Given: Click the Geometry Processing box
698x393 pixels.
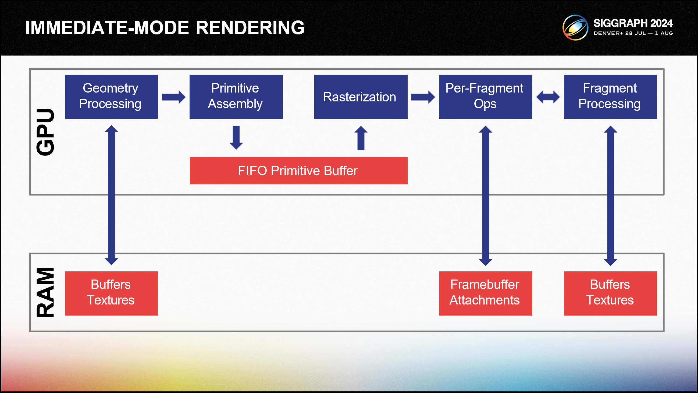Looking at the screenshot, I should click(x=111, y=97).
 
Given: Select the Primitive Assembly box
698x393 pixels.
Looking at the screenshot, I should click(x=236, y=97).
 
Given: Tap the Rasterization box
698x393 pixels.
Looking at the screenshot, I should click(x=361, y=97).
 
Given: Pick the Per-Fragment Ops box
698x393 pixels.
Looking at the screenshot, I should click(x=486, y=97).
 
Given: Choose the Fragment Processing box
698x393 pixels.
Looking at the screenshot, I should click(x=610, y=97).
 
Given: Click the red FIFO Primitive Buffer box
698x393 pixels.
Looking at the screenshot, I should click(x=298, y=171).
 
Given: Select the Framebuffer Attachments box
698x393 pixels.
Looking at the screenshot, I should click(x=486, y=293).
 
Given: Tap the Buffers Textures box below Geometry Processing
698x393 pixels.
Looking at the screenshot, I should click(x=111, y=293).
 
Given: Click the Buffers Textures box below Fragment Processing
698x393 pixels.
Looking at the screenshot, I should click(x=610, y=293).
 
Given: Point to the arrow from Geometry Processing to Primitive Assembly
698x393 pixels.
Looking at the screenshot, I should click(x=173, y=97).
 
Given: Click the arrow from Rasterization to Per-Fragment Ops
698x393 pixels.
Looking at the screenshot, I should click(x=423, y=97).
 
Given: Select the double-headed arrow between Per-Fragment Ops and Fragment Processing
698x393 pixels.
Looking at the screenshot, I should click(x=548, y=97).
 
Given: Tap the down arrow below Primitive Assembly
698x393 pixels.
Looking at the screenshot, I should click(x=236, y=138).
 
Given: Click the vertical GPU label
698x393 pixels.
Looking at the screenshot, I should click(x=45, y=132).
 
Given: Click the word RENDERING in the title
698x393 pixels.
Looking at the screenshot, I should click(x=250, y=28).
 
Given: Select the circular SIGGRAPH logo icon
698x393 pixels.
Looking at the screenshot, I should click(x=575, y=28).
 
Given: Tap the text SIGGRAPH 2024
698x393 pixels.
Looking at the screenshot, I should click(x=633, y=23).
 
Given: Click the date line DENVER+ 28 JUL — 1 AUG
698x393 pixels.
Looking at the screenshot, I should click(x=633, y=33).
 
